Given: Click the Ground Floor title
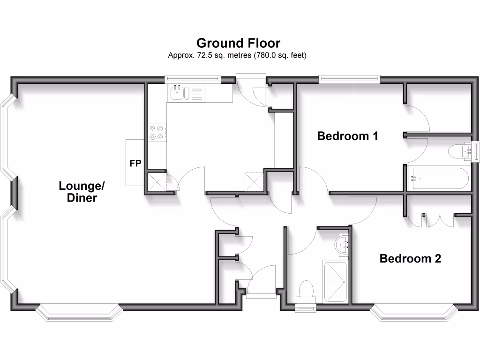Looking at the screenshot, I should (238, 43).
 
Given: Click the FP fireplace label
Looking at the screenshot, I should (135, 164).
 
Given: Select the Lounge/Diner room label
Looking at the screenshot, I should (82, 191).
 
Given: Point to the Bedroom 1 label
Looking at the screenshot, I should (347, 136).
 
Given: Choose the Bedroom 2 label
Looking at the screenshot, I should (410, 258).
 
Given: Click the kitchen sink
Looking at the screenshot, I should (178, 93).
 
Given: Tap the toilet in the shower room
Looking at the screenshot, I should (306, 291).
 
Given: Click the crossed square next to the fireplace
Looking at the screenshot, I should (156, 182).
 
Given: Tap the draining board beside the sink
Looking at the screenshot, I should (197, 93).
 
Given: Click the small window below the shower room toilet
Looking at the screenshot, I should (306, 307).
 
